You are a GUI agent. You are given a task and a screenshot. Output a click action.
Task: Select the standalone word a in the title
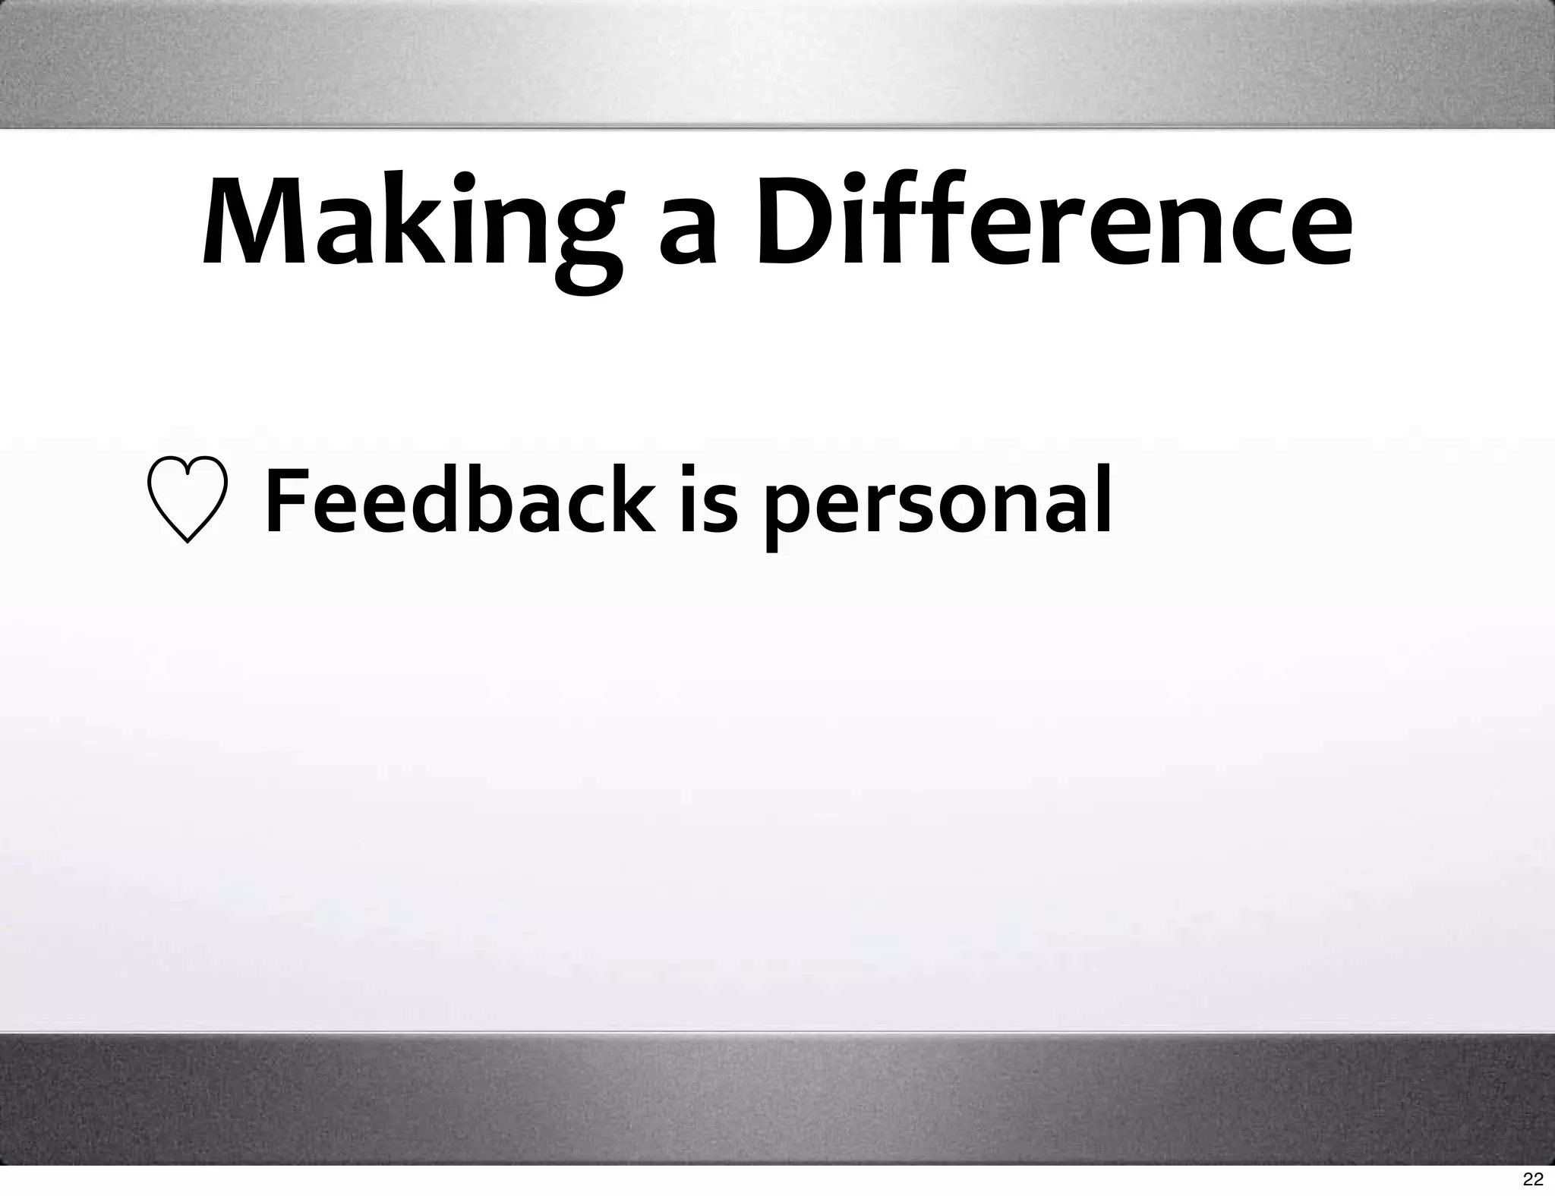687,235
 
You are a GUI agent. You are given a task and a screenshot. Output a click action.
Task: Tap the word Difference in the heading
1053,223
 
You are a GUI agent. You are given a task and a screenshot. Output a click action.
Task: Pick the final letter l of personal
1102,497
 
